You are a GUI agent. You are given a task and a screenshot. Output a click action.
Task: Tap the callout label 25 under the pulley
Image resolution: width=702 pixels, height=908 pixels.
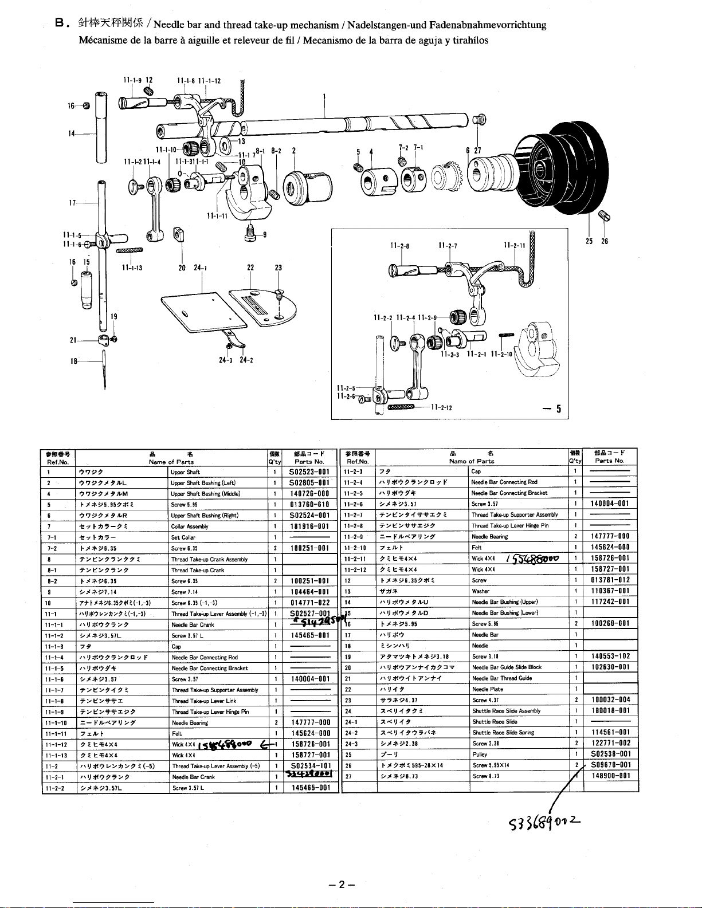point(589,241)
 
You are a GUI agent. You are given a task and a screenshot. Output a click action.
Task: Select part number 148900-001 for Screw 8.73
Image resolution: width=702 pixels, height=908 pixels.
point(610,776)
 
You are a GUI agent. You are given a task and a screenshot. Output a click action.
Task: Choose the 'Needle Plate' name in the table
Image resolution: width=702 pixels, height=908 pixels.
point(488,689)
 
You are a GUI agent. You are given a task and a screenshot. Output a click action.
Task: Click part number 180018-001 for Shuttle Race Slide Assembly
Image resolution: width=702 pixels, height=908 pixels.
point(610,711)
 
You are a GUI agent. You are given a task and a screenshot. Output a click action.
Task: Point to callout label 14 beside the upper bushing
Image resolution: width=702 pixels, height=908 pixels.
point(72,134)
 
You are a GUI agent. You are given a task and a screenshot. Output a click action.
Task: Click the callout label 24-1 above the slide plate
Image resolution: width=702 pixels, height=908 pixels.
point(200,268)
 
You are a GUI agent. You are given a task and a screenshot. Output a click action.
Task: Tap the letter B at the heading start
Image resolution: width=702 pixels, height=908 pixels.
point(58,24)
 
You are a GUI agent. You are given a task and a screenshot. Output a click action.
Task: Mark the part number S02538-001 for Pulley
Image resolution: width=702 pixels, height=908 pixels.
point(610,754)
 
